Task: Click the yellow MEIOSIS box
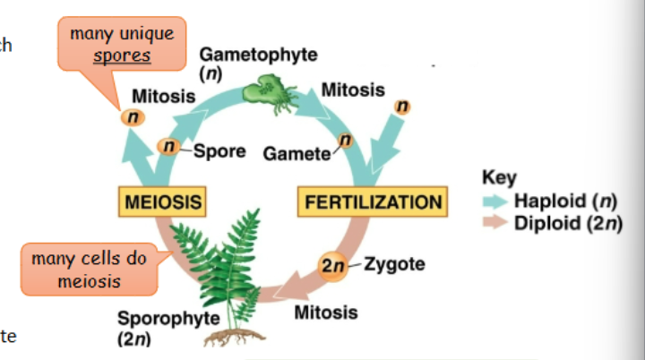pyautogui.click(x=162, y=201)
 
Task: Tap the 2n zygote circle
pyautogui.click(x=333, y=266)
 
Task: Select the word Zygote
pyautogui.click(x=395, y=265)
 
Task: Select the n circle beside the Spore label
pyautogui.click(x=168, y=146)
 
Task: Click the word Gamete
pyautogui.click(x=296, y=154)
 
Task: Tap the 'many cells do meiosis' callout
pyautogui.click(x=88, y=268)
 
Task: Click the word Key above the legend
pyautogui.click(x=499, y=177)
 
